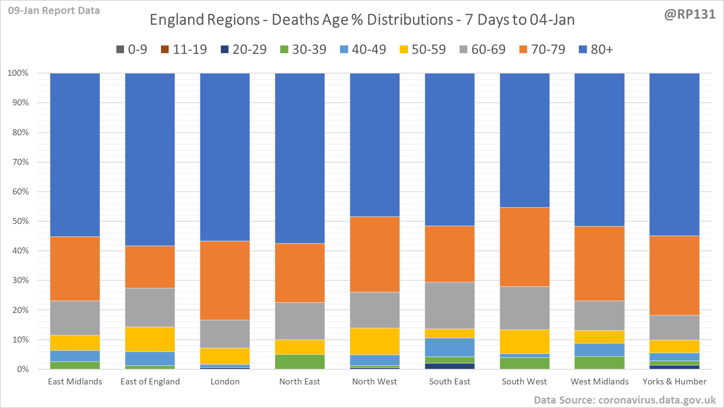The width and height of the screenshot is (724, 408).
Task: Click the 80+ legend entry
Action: click(596, 50)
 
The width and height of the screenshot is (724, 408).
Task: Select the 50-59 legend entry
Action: click(423, 50)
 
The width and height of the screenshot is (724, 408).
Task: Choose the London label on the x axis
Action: click(225, 382)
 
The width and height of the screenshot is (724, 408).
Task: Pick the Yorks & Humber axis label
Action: click(674, 382)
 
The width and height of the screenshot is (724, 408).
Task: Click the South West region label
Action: click(524, 382)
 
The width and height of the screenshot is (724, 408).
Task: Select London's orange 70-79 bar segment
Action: click(225, 280)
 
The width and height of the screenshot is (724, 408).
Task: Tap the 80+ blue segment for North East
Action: click(300, 158)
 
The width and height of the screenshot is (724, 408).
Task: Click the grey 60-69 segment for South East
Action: click(450, 305)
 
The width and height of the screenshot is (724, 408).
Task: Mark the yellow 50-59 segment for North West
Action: click(375, 341)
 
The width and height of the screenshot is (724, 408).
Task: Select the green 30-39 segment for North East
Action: click(300, 362)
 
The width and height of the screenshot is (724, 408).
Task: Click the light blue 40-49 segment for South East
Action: click(450, 347)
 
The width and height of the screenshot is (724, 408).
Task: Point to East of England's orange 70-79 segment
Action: click(150, 267)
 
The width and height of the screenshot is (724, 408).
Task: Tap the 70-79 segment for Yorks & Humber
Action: click(674, 275)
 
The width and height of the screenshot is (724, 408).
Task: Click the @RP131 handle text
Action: click(689, 14)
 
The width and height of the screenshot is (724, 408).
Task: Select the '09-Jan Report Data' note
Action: click(54, 11)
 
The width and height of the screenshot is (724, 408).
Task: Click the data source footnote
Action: click(625, 400)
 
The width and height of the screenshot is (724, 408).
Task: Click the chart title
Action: click(362, 20)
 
